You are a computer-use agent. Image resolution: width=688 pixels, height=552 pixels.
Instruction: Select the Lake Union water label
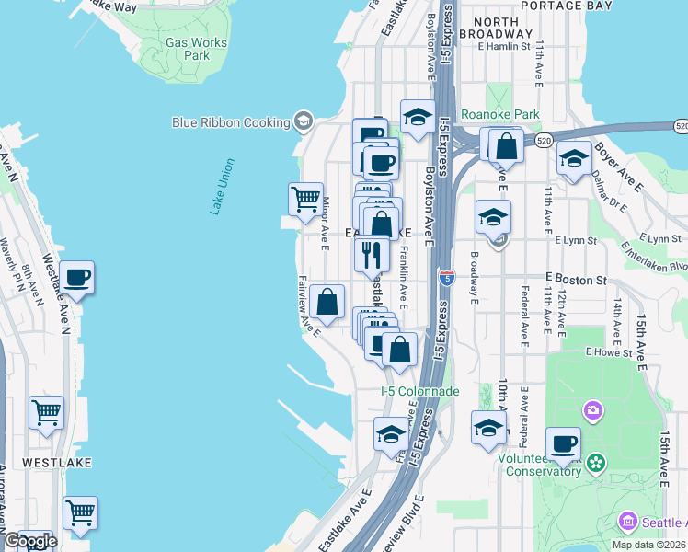[222, 187]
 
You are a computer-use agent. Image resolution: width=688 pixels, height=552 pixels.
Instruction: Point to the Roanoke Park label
[513, 115]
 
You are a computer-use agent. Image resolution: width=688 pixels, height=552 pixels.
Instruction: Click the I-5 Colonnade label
[420, 391]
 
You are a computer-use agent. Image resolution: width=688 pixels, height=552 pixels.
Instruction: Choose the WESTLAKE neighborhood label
[57, 463]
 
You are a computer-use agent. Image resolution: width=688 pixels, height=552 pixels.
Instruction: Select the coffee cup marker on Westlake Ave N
[77, 276]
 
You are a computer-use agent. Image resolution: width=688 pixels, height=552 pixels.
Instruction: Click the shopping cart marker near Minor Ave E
[304, 198]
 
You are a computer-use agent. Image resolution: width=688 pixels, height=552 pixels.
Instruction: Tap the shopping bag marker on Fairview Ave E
[327, 301]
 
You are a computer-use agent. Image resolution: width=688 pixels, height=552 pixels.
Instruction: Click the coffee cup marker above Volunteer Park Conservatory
[563, 443]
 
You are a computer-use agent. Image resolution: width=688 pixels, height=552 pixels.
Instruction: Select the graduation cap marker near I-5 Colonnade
[391, 433]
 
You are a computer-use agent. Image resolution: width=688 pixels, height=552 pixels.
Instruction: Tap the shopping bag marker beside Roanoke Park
[506, 144]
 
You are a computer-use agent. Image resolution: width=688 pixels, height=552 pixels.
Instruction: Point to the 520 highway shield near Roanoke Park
[544, 141]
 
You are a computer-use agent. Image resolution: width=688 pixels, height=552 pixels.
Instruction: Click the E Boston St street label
[576, 278]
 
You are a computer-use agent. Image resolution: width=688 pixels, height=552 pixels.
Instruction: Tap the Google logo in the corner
[29, 541]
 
